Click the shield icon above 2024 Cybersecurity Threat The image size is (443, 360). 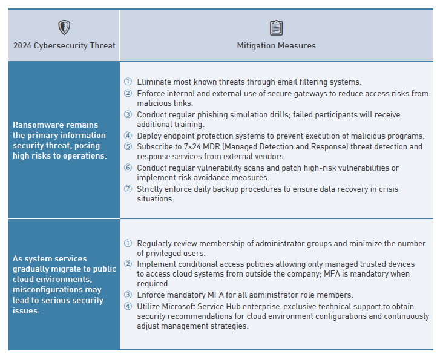(x=64, y=27)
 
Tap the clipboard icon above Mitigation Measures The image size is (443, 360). (x=276, y=28)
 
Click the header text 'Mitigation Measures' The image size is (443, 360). (x=276, y=45)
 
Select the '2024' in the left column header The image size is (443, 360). (x=22, y=45)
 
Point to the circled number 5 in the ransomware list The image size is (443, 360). (x=128, y=146)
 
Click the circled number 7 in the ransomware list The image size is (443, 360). (x=128, y=189)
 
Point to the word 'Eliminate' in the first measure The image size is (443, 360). (x=154, y=82)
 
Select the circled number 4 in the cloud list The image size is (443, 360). (x=128, y=306)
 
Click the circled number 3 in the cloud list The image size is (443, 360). (x=128, y=295)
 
